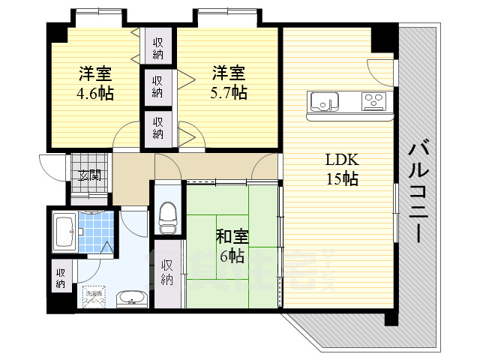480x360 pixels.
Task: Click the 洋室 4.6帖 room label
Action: (x=94, y=83)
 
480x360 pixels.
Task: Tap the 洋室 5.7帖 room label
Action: (x=229, y=82)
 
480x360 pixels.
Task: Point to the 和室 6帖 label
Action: (x=231, y=246)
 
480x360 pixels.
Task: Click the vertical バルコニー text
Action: (x=418, y=191)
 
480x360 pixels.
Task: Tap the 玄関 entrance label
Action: (x=91, y=176)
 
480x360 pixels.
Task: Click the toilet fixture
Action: (x=168, y=216)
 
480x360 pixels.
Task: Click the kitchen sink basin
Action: (x=325, y=100)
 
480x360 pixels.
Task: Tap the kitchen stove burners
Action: (x=373, y=100)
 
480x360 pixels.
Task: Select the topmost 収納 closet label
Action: (x=158, y=48)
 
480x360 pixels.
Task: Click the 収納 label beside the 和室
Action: (x=167, y=272)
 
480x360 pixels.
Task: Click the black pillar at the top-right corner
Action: (x=385, y=35)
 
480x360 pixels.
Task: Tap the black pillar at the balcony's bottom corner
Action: (x=391, y=317)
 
